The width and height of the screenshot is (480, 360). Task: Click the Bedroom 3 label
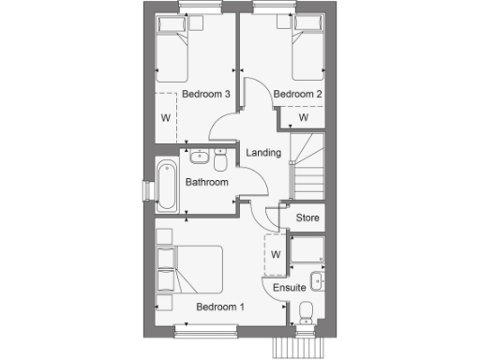(205, 95)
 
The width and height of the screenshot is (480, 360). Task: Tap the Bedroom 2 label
(297, 95)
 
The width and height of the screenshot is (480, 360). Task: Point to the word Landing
(262, 153)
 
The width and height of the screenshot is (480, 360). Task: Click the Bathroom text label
(207, 182)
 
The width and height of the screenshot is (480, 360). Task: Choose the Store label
(307, 217)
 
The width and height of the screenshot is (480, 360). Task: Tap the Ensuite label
(288, 287)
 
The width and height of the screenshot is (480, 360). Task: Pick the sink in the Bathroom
(199, 155)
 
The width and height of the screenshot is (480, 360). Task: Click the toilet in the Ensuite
(306, 312)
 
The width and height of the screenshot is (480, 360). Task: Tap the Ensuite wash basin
(319, 281)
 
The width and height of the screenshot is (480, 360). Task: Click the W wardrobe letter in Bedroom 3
(166, 118)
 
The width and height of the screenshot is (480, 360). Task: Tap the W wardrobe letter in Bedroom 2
(304, 117)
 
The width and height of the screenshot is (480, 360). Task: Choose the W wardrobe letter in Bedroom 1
(276, 253)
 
